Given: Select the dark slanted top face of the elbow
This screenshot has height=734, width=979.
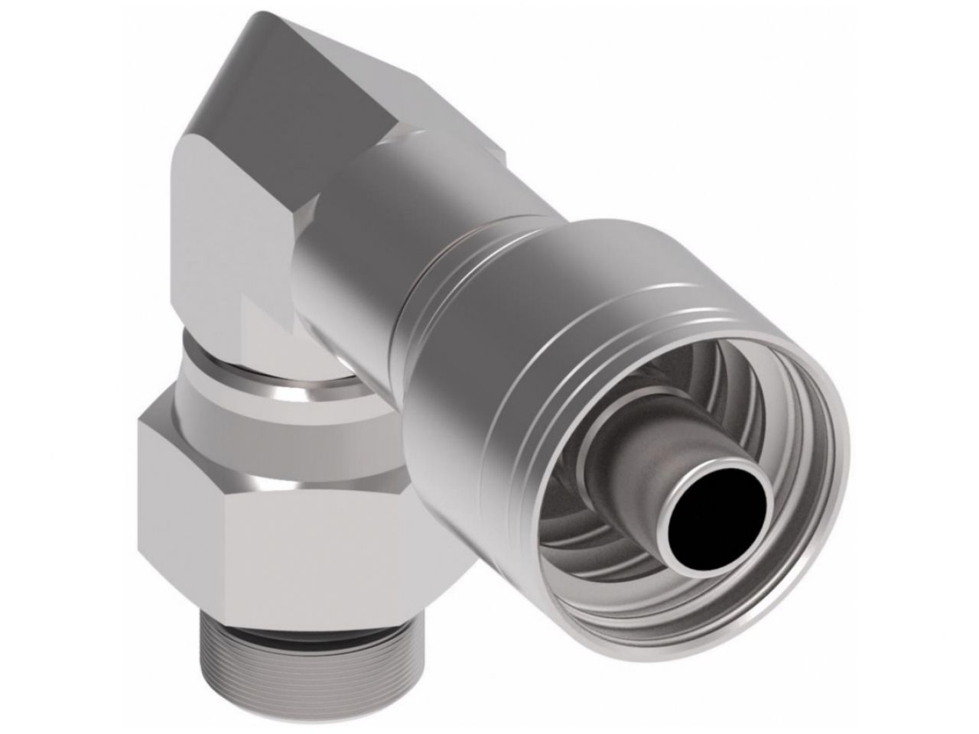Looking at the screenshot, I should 321,76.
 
